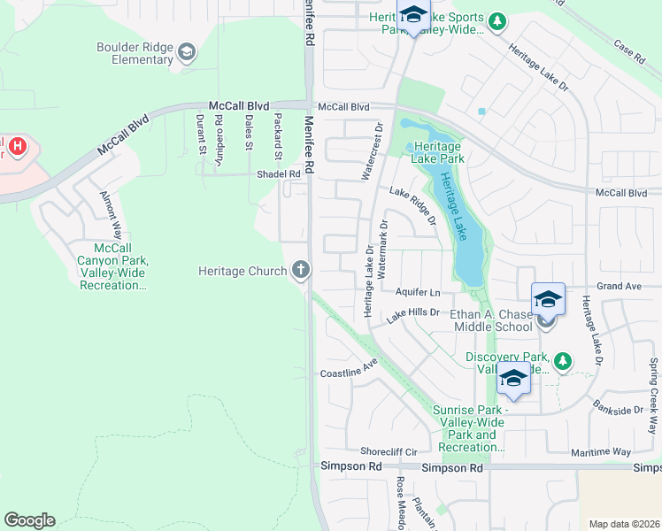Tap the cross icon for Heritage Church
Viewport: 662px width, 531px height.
click(301, 270)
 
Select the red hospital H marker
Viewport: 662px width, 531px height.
click(16, 142)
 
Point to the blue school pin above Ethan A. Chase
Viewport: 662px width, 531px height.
click(548, 299)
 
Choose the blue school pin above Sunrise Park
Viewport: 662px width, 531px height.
click(513, 378)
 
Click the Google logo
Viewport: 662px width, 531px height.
click(29, 520)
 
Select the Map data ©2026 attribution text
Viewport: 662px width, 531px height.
click(624, 524)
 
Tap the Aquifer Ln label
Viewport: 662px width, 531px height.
click(418, 292)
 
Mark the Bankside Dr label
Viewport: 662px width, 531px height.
click(620, 411)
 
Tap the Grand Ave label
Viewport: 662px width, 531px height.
click(617, 287)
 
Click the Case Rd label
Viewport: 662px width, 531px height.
click(628, 51)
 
